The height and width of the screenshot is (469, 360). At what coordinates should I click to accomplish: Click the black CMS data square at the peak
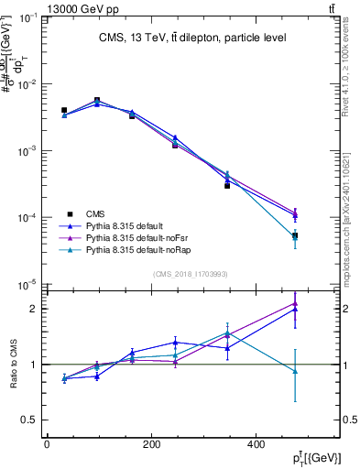click(x=97, y=100)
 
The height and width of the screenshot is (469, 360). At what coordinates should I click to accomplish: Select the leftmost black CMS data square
click(x=63, y=110)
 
